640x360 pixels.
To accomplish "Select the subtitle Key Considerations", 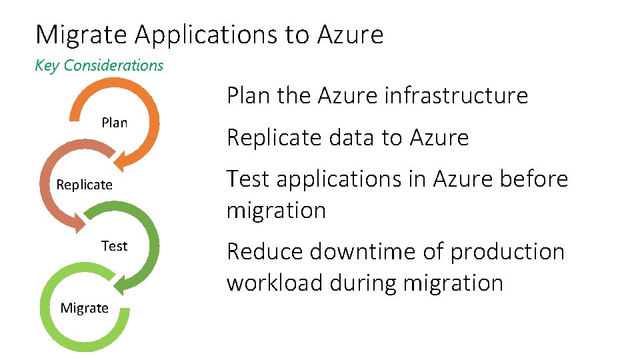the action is pyautogui.click(x=99, y=65).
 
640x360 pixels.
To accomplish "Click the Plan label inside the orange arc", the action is pyautogui.click(x=114, y=123).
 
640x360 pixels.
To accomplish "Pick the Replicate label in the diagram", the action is pyautogui.click(x=84, y=185).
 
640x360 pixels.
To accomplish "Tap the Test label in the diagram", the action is pyautogui.click(x=114, y=246).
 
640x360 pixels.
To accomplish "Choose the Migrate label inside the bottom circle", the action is pyautogui.click(x=84, y=307).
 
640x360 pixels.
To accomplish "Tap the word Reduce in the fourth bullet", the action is pyautogui.click(x=263, y=251).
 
